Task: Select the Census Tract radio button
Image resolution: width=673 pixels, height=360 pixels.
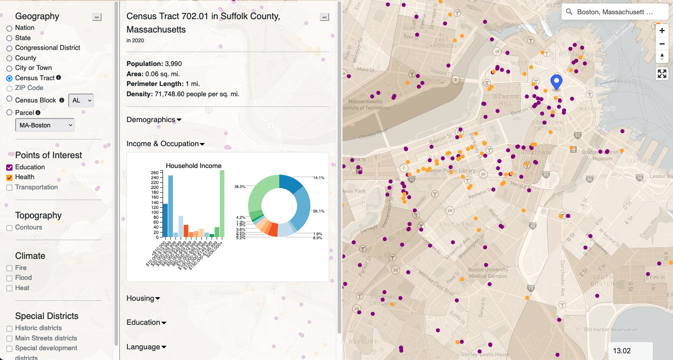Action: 9,78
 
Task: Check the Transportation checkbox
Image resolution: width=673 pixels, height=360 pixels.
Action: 9,188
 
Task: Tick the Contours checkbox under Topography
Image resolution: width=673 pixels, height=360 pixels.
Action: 9,228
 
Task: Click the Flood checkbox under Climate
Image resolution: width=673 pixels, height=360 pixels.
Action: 9,278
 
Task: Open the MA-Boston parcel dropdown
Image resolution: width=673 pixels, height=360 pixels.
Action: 45,125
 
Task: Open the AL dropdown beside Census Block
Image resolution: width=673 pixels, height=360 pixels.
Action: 81,101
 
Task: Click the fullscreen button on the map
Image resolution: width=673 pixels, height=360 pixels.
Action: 662,74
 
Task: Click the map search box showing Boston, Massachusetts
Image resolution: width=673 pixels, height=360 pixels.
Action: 615,12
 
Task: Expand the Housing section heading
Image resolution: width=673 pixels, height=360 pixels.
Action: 143,299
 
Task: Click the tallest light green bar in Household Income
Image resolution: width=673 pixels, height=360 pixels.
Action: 222,203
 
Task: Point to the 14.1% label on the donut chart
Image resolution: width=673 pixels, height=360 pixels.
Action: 318,178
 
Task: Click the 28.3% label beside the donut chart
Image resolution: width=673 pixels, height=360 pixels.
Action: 240,187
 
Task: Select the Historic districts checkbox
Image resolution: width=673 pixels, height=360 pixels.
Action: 9,328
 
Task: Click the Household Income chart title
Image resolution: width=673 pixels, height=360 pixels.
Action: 193,166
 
